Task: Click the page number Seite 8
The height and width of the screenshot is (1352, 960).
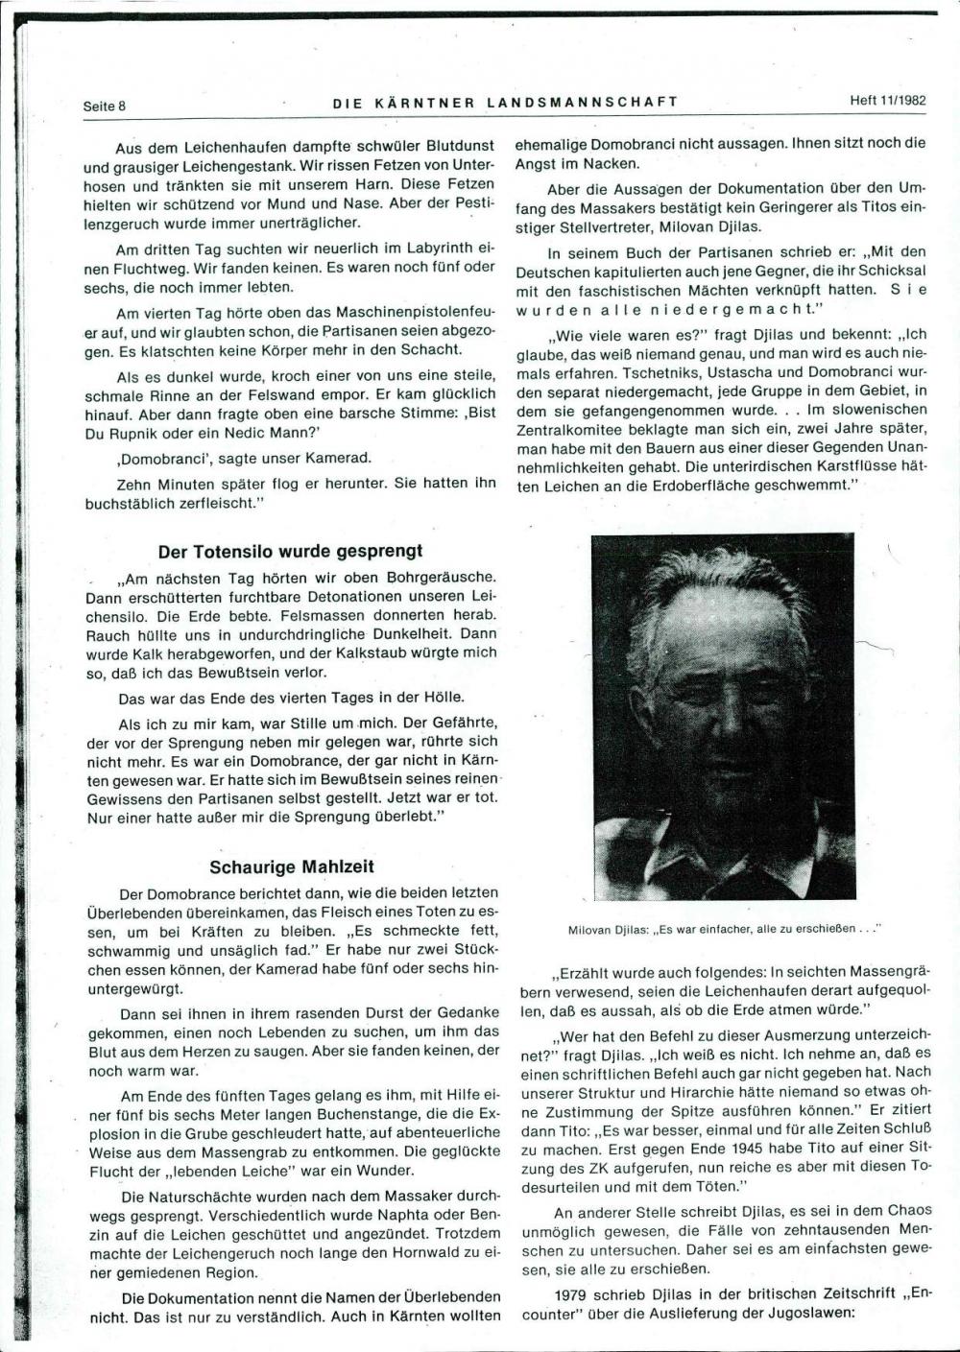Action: click(105, 107)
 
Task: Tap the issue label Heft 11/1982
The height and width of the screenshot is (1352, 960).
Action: click(887, 100)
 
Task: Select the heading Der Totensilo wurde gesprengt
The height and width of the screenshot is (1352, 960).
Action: click(290, 552)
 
